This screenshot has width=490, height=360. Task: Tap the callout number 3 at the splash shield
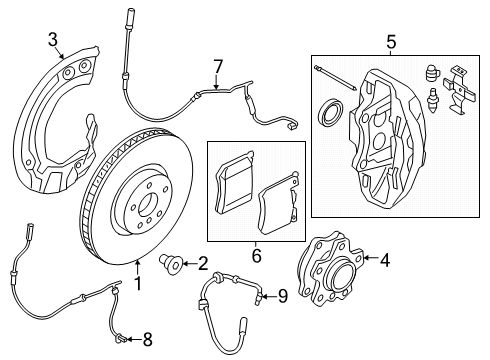[x=53, y=40]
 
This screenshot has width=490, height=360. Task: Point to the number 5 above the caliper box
[x=391, y=41]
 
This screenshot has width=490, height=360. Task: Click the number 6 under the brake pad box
[x=255, y=255]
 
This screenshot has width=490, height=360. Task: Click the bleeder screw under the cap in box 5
[x=433, y=102]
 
